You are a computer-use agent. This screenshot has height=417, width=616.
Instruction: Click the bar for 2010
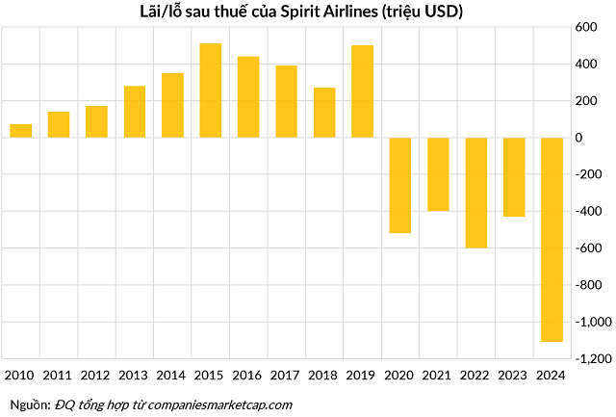pos(21,131)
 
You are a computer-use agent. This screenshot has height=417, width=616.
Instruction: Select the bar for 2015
pos(211,91)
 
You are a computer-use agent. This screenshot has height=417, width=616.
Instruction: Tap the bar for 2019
pos(362,91)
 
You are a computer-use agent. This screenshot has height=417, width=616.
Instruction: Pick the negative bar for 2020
pos(400,185)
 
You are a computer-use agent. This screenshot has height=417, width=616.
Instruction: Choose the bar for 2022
pos(475,193)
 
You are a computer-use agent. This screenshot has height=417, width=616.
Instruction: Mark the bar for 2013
pos(135,112)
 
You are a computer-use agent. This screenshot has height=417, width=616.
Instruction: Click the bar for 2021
pos(438,174)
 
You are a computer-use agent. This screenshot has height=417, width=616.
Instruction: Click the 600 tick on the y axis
pos(586,28)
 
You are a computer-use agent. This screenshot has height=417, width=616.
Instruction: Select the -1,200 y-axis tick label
pos(580,358)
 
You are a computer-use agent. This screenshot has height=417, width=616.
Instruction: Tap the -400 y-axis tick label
pos(584,211)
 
